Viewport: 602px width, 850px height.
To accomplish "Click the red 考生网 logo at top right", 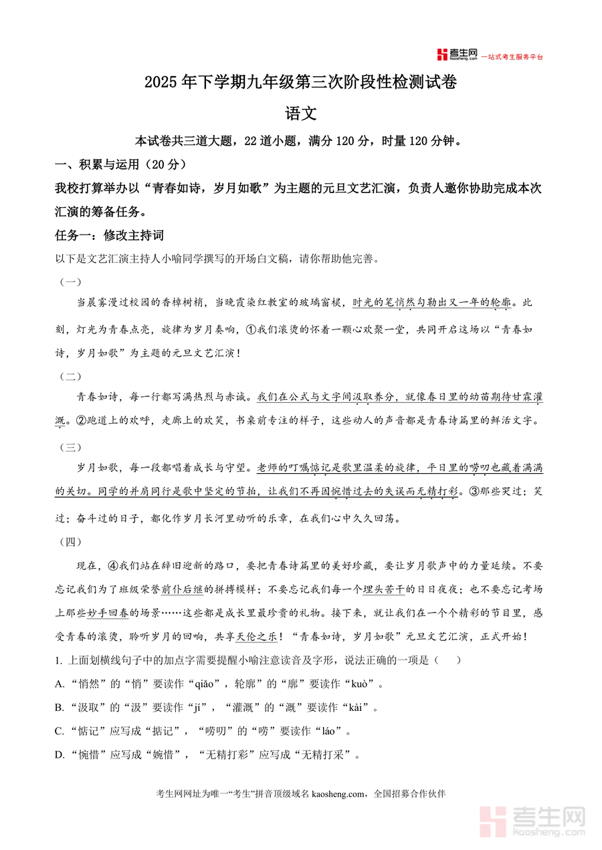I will point(456,55).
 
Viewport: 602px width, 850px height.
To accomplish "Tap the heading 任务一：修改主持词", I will point(109,236).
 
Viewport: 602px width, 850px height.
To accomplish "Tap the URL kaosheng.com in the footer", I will point(339,794).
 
